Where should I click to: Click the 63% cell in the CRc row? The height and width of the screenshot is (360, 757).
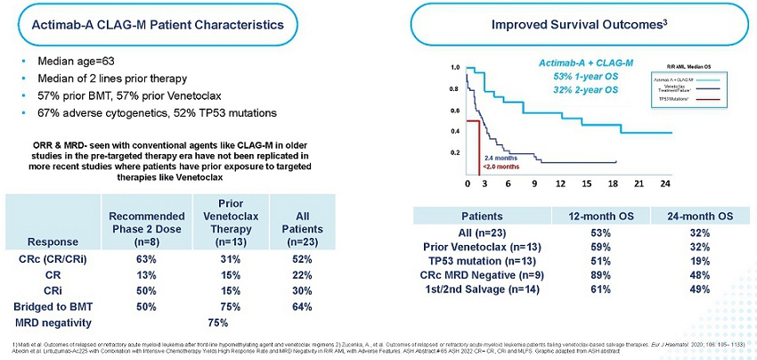[x=148, y=259]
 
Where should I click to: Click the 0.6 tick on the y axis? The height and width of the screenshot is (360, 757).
[x=455, y=110]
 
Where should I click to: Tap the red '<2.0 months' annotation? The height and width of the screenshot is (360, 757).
[x=501, y=166]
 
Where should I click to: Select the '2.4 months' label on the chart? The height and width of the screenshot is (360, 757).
[x=501, y=157]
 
